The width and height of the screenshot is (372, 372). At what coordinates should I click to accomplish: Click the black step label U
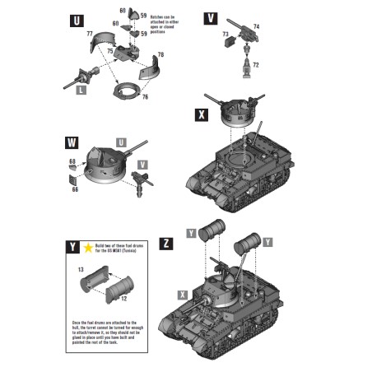[x=77, y=19]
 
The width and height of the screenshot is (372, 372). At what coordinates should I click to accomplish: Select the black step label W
[x=71, y=145]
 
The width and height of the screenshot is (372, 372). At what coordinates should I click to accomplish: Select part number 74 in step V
[x=256, y=26]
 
